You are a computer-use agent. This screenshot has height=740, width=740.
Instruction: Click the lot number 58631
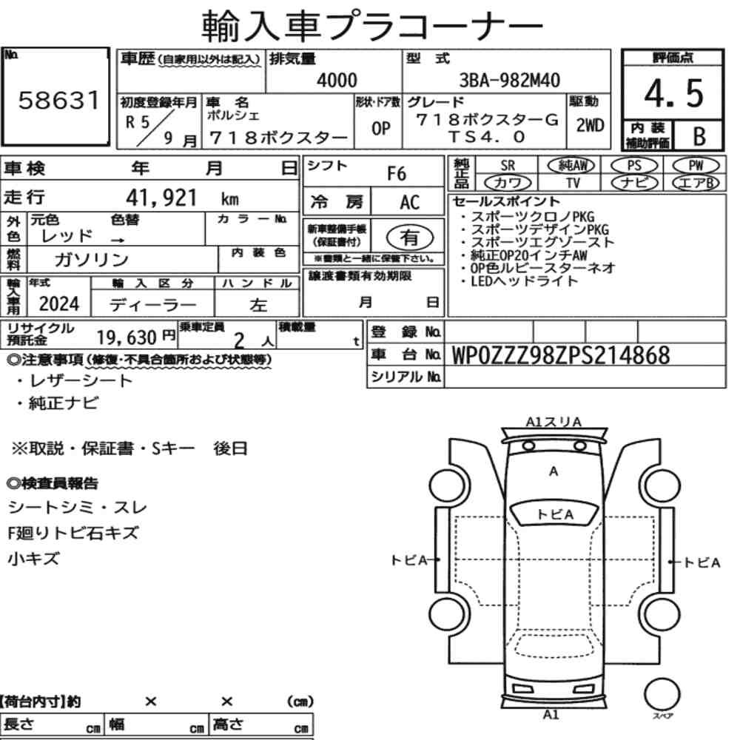(59, 100)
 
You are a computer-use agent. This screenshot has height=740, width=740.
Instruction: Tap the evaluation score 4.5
(673, 93)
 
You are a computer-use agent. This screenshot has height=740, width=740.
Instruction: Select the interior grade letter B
(699, 136)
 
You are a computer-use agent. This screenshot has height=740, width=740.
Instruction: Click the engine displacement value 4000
(337, 80)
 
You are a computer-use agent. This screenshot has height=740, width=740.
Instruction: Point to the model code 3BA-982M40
(509, 80)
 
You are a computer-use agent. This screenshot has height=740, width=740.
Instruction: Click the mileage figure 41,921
(161, 198)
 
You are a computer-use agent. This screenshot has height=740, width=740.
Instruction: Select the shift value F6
(397, 174)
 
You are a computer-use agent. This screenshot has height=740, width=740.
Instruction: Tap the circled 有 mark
(410, 238)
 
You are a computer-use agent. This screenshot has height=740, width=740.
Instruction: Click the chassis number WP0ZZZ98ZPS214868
(561, 355)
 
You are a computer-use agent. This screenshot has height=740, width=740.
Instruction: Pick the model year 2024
(59, 304)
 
